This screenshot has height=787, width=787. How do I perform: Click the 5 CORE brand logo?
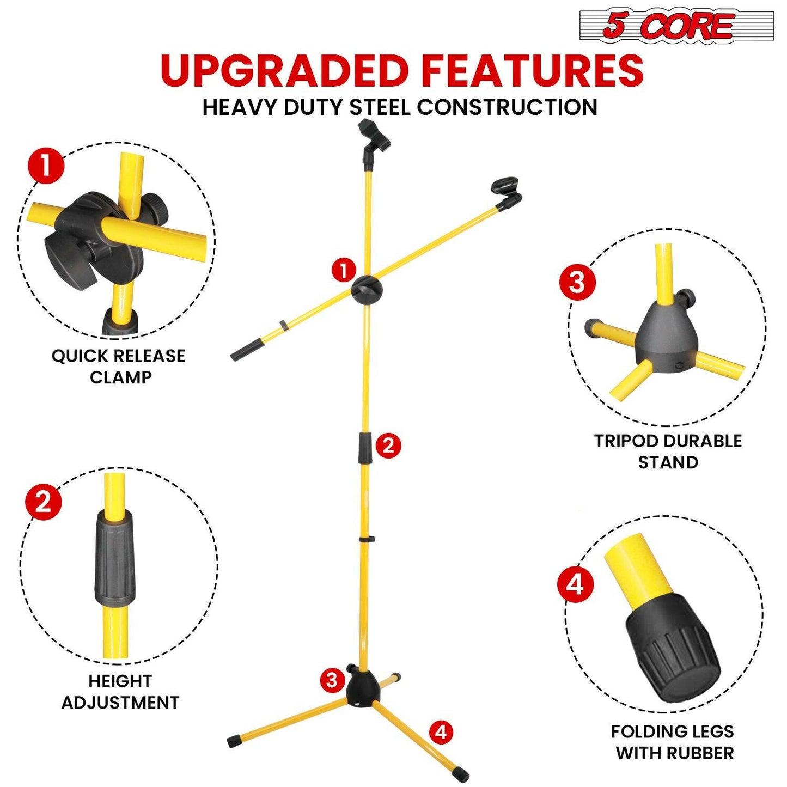coord(676,26)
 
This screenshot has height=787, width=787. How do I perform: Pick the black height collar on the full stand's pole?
coord(364,448)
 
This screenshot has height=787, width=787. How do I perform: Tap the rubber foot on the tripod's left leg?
coord(234,741)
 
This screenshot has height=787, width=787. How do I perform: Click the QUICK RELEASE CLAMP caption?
coord(119,366)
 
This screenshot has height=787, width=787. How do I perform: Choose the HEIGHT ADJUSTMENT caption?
coord(120,692)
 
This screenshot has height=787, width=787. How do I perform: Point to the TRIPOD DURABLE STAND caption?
coord(668,452)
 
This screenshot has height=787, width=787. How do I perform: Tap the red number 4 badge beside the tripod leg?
coord(441,732)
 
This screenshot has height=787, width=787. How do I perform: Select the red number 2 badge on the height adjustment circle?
coord(44,502)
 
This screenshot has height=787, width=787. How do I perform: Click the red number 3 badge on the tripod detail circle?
coord(577,283)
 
